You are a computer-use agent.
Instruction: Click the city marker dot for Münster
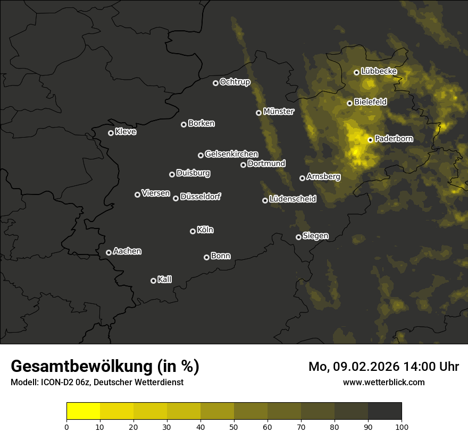tap(258, 113)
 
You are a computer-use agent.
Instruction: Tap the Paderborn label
tap(394, 139)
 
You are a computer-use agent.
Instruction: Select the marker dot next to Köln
tap(193, 231)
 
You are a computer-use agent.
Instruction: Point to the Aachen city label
tap(127, 251)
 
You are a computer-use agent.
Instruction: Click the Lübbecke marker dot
tap(356, 72)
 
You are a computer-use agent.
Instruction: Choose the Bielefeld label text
tap(370, 101)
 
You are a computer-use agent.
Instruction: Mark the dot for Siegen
tap(298, 237)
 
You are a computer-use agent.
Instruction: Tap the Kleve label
tap(126, 132)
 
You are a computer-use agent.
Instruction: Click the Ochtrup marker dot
tap(215, 83)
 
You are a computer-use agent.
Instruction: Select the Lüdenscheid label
tap(292, 199)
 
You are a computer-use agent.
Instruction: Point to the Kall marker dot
tap(153, 281)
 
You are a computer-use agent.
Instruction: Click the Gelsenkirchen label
tap(231, 154)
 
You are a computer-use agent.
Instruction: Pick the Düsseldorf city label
tap(200, 197)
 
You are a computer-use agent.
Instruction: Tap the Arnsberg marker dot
tap(302, 178)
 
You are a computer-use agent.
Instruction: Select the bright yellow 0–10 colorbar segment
tap(83, 411)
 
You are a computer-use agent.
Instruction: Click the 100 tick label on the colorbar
tap(402, 427)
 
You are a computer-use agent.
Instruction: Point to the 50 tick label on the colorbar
tap(234, 427)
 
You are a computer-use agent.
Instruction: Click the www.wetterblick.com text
tap(383, 382)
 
